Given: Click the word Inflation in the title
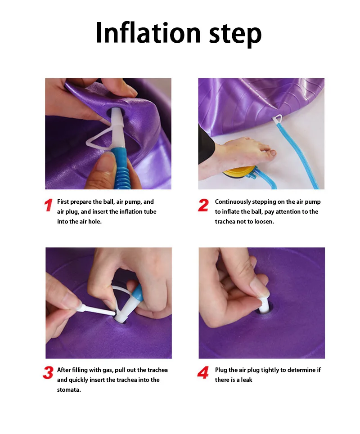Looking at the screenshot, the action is tap(148, 33).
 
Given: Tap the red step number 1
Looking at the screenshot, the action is tap(49, 205).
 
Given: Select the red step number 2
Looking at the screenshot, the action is tap(203, 205).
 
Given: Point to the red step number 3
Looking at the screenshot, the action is tap(48, 372).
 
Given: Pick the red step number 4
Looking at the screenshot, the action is tap(203, 372).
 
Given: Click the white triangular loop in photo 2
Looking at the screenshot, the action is tap(277, 119).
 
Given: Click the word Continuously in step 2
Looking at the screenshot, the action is tap(233, 202).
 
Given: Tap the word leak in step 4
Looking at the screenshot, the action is tap(247, 380).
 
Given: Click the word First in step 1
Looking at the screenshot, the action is tap(63, 202).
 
